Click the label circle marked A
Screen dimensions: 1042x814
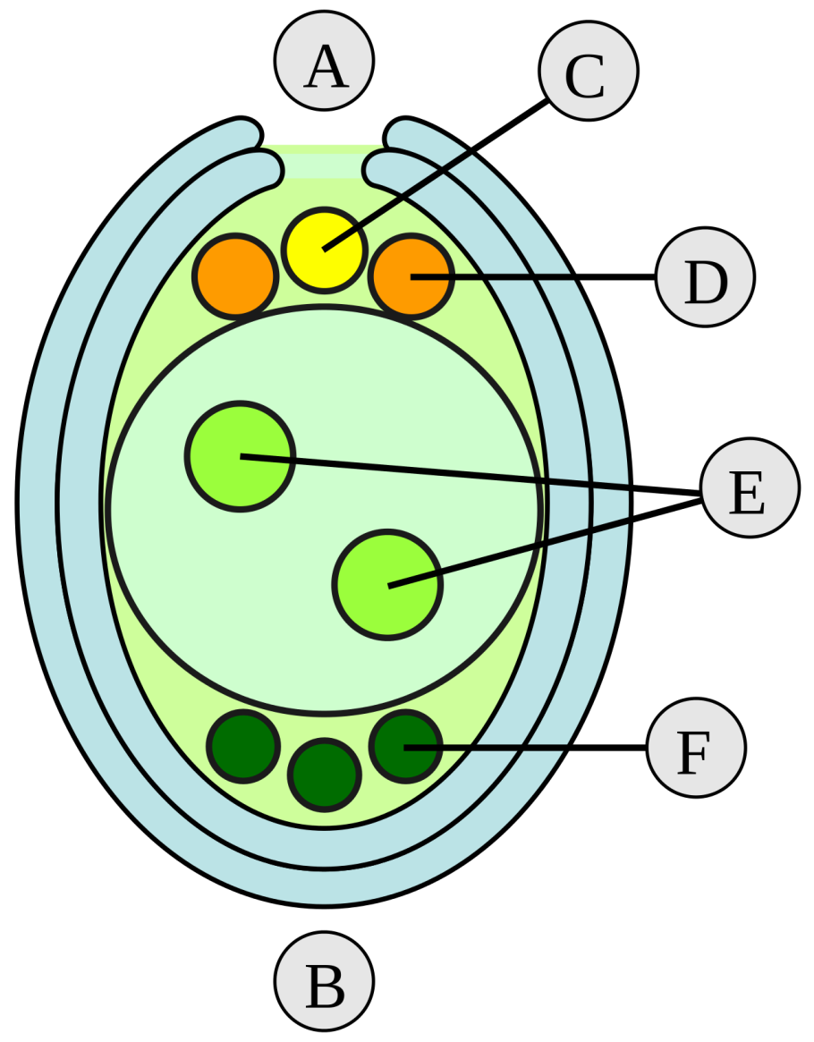point(324,62)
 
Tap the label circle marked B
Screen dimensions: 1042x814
point(324,981)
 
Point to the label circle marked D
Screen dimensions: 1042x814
point(705,277)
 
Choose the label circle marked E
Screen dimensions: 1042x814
point(749,487)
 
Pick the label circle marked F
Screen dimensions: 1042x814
point(695,748)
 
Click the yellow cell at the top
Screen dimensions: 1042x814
point(324,250)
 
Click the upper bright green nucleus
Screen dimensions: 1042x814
point(240,456)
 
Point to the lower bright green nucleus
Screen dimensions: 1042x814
point(387,585)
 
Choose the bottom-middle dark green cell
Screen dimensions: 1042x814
point(325,775)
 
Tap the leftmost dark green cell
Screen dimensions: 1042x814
point(242,746)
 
